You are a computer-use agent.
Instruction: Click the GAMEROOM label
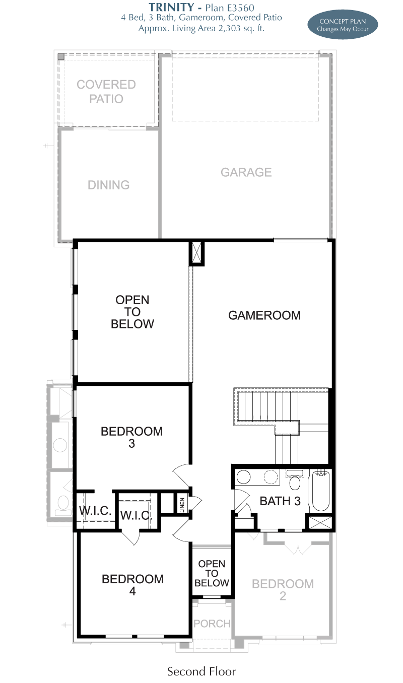[264, 315]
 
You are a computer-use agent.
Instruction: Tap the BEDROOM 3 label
[131, 437]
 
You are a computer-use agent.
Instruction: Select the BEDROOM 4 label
[132, 585]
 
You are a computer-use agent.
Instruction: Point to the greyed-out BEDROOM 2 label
[283, 590]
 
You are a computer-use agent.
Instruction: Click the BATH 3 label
[280, 501]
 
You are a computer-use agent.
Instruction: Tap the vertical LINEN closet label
[182, 505]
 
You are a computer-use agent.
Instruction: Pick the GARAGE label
[246, 172]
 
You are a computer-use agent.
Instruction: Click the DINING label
[108, 185]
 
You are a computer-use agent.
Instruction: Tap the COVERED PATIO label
[106, 92]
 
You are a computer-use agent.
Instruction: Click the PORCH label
[212, 624]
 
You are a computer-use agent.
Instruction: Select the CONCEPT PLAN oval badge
[343, 25]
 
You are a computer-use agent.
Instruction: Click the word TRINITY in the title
[171, 7]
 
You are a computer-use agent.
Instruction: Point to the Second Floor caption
[201, 671]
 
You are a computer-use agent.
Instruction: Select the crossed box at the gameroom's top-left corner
[196, 254]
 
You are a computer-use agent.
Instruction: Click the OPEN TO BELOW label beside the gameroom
[132, 312]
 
